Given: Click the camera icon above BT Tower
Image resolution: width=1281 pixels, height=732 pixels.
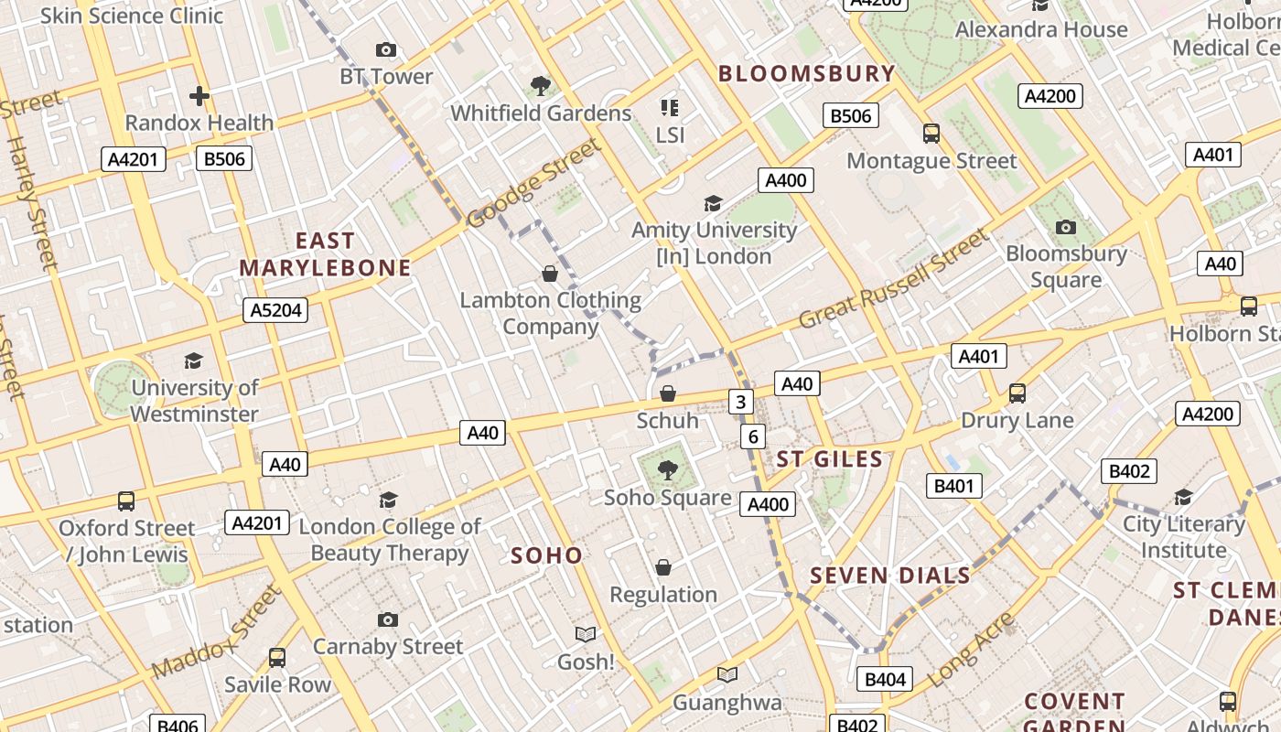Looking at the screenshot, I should tap(386, 49).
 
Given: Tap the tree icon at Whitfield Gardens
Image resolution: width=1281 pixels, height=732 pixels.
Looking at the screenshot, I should tap(541, 86).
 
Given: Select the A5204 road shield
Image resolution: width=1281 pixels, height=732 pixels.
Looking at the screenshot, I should tap(275, 310).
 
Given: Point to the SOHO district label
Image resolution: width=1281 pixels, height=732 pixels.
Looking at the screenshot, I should tap(546, 555).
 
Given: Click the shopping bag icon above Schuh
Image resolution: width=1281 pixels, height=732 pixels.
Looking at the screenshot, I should tap(668, 393).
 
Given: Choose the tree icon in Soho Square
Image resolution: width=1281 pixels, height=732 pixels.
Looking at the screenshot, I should tap(668, 470).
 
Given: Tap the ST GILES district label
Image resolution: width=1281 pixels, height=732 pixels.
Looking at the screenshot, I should tap(829, 459).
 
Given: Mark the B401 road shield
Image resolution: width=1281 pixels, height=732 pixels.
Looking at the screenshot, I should tap(953, 486).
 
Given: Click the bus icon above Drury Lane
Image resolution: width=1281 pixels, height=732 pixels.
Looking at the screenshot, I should tap(1017, 393).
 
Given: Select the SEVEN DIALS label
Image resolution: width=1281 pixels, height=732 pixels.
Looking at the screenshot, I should tap(889, 576).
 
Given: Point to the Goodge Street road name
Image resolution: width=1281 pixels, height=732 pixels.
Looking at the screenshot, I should tap(535, 183).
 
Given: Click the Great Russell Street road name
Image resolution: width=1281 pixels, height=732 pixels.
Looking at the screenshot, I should tap(894, 279).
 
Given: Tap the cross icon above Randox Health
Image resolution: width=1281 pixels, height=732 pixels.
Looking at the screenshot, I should tap(199, 95).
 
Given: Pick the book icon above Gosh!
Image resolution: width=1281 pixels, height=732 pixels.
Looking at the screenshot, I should tap(586, 634).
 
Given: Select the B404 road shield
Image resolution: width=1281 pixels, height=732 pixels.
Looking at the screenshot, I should tap(885, 679).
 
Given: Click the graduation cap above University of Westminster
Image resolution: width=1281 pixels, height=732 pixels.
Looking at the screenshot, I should tap(193, 361).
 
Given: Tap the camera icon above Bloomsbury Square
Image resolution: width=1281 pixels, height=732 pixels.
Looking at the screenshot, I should tap(1065, 227).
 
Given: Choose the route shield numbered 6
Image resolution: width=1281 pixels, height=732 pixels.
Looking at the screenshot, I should tap(753, 436).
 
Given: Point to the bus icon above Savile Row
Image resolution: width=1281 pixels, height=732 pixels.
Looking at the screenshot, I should tap(276, 657).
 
